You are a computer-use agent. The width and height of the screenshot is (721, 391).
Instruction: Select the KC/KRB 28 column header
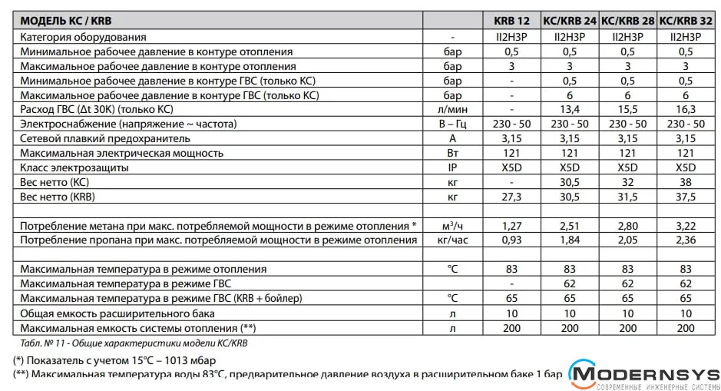pyautogui.click(x=627, y=20)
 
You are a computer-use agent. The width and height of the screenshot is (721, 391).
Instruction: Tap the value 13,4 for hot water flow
pyautogui.click(x=569, y=110)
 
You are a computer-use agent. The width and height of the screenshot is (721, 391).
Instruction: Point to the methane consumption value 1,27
pyautogui.click(x=511, y=225)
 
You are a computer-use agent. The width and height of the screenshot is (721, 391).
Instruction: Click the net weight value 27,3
pyautogui.click(x=511, y=197)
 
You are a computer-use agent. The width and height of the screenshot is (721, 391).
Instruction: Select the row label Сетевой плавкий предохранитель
pyautogui.click(x=105, y=138)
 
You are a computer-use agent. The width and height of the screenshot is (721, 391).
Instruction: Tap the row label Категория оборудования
pyautogui.click(x=83, y=37)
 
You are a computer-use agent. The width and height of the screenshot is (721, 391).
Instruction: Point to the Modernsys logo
pyautogui.click(x=642, y=376)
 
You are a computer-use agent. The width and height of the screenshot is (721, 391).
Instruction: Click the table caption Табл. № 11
pyautogui.click(x=137, y=343)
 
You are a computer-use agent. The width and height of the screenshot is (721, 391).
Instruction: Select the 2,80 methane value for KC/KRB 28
pyautogui.click(x=627, y=225)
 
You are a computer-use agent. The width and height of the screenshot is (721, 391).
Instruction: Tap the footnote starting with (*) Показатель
pyautogui.click(x=115, y=360)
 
